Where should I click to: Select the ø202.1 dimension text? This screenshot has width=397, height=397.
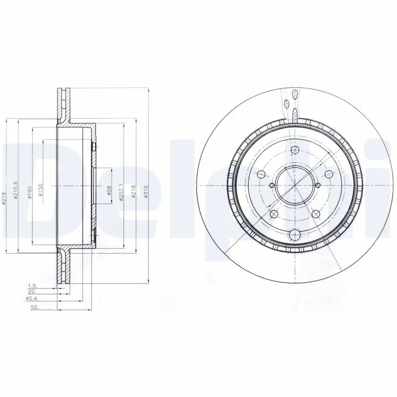click(x=121, y=192)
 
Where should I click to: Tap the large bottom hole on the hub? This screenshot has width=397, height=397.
click(x=295, y=235)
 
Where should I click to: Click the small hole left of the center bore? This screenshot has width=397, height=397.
click(x=271, y=184)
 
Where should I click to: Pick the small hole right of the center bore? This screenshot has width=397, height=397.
click(x=317, y=185)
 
